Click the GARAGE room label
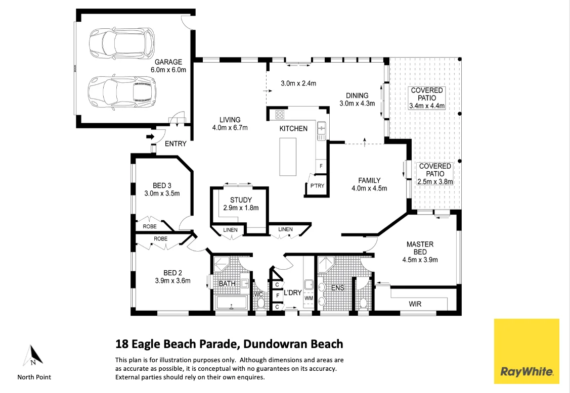168,62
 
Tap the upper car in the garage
121,42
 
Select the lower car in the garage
121,92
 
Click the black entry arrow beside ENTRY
150,137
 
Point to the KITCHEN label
293,128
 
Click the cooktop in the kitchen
280,115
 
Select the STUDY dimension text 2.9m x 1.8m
241,208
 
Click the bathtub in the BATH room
231,303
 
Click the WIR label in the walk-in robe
415,304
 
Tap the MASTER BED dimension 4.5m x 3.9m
420,260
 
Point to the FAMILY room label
369,180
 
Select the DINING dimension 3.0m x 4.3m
357,104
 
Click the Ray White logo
527,351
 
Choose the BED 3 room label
162,185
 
